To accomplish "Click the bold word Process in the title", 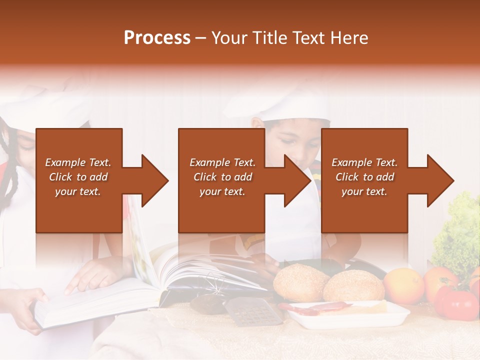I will click(x=157, y=38).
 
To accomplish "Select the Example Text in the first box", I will click(x=78, y=162).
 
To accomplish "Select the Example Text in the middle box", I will click(x=222, y=162).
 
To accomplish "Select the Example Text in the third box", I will click(x=364, y=162).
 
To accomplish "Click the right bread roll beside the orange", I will click(x=353, y=285).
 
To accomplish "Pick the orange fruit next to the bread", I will click(x=403, y=285).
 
